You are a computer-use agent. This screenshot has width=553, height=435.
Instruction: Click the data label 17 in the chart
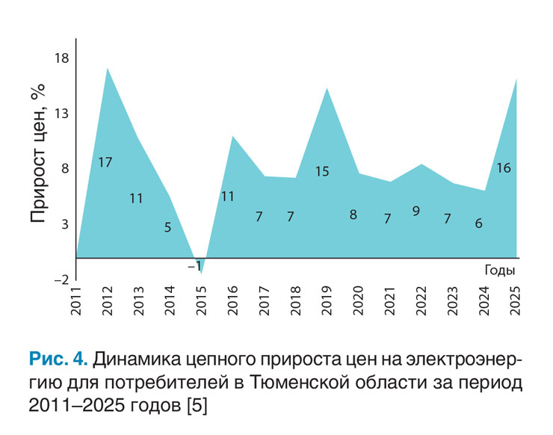(105, 161)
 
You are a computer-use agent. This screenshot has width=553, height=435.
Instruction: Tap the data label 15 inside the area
(322, 171)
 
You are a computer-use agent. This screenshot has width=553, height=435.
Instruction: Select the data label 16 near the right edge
(504, 168)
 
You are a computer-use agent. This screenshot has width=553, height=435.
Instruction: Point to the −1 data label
(195, 265)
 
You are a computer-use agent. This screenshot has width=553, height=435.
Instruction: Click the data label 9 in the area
(416, 211)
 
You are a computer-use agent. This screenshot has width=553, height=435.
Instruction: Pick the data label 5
(167, 226)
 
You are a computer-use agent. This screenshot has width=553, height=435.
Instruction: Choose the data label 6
(478, 223)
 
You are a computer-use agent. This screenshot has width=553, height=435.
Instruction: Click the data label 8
(353, 215)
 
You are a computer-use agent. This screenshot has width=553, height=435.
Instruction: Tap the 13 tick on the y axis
(59, 114)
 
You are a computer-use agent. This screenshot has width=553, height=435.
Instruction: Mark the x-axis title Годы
(500, 270)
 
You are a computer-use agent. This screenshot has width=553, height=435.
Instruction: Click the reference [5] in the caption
(201, 406)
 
